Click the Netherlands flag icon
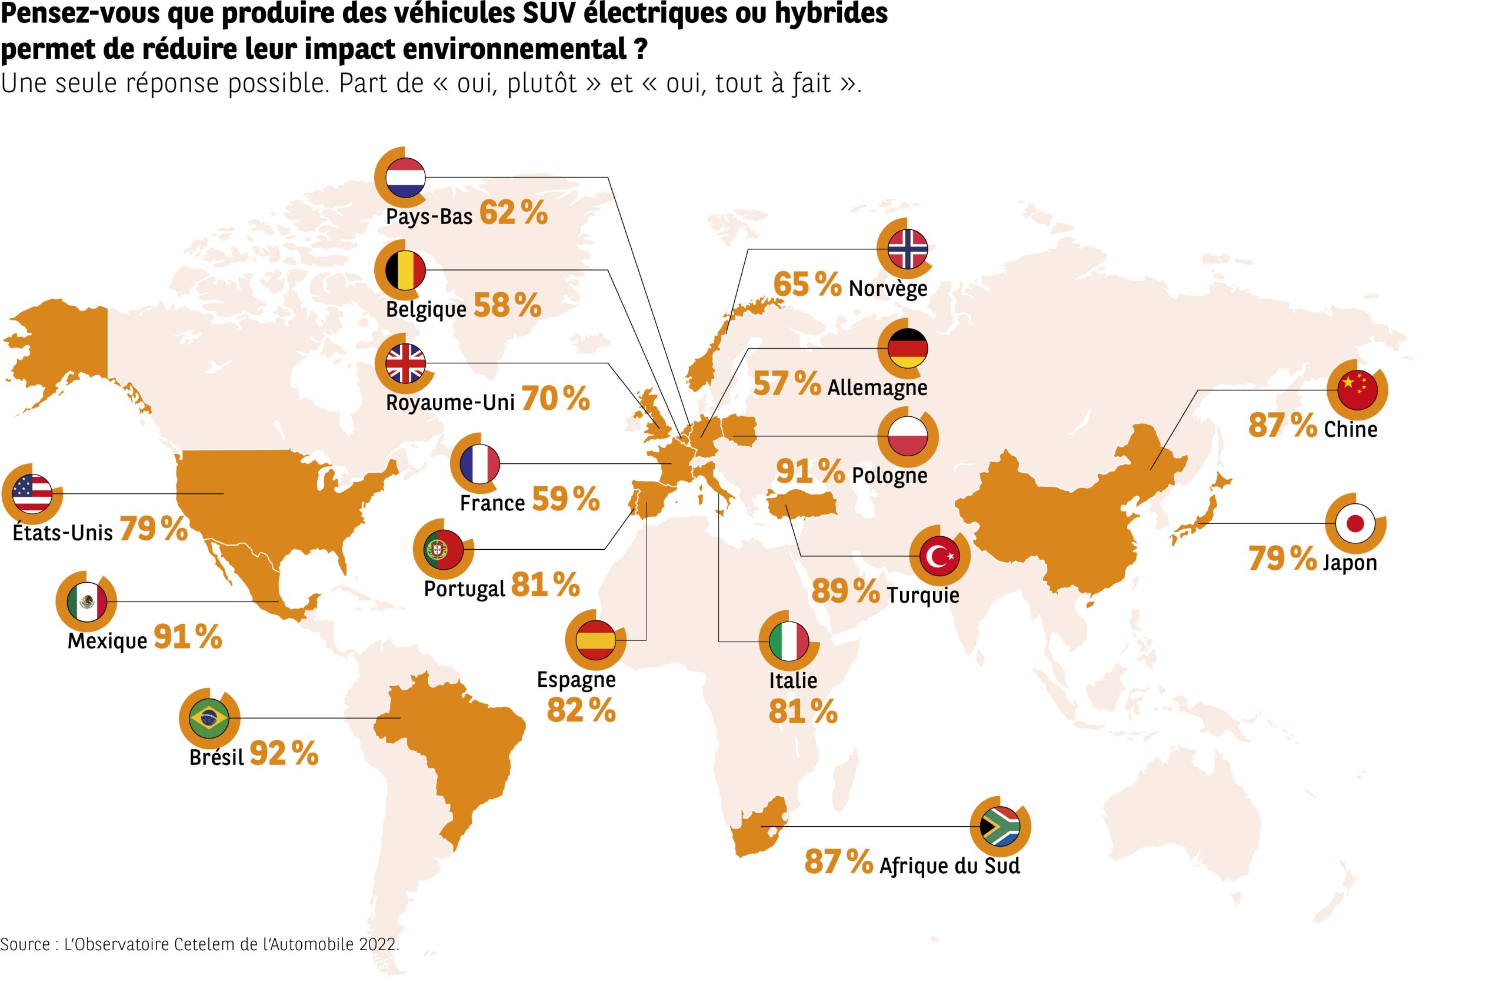(405, 176)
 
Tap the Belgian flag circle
(405, 270)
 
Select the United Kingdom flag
(405, 363)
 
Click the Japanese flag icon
(1355, 524)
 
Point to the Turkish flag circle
(939, 557)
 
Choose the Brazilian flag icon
(208, 718)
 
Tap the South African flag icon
(999, 826)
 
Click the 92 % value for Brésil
(284, 754)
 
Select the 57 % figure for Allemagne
(787, 383)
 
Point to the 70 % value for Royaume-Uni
(555, 399)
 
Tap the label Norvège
(888, 289)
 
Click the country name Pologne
(889, 475)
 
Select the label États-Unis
(62, 532)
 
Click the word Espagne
(576, 679)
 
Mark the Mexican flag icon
(86, 602)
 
